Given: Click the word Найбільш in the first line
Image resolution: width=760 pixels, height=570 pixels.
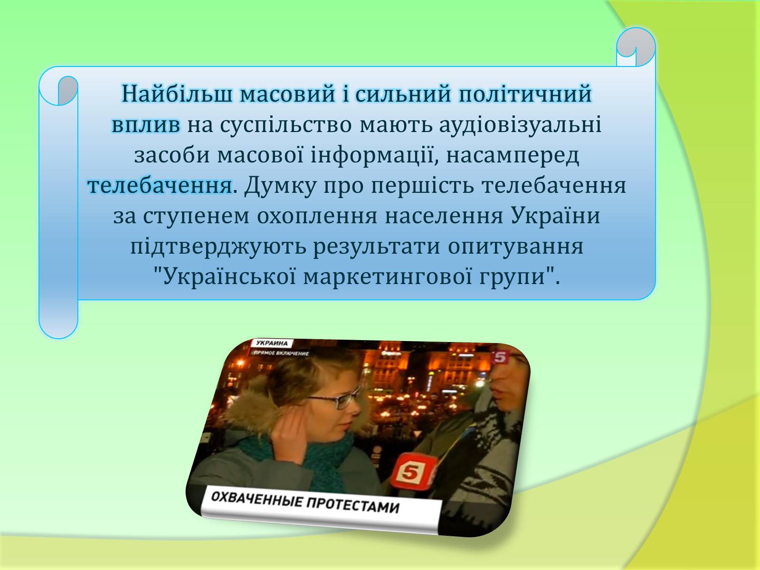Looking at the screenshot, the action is (x=177, y=94).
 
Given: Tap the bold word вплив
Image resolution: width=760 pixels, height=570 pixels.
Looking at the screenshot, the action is (x=146, y=124).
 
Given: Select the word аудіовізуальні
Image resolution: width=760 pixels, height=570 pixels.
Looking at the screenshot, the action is (x=521, y=124).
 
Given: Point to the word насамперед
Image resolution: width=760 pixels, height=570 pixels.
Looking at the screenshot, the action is (x=513, y=155).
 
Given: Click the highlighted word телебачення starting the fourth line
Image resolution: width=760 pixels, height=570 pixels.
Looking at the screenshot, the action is (x=160, y=186).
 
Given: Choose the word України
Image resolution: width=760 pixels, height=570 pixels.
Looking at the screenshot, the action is (x=555, y=215).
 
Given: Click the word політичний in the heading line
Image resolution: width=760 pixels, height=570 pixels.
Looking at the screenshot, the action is (x=525, y=94).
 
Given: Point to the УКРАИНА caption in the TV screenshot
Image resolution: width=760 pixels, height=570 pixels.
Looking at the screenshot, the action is (x=272, y=343).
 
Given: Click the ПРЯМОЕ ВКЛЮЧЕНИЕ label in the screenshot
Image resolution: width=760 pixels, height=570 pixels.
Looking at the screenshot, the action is (x=281, y=353).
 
